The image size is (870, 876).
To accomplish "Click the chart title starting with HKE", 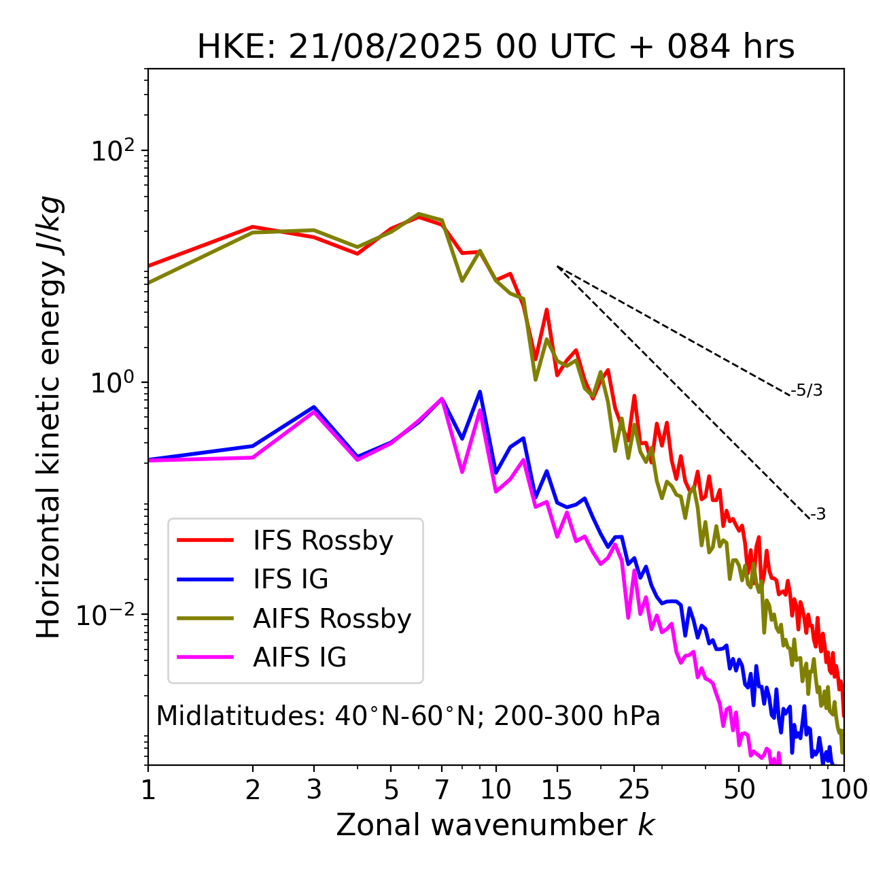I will [495, 48].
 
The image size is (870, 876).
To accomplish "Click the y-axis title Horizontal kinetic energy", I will [49, 417].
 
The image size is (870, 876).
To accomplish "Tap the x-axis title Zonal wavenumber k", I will [495, 825].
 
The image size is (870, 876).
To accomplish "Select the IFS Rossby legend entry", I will [323, 541].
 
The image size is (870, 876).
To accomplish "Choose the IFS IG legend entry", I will [290, 579].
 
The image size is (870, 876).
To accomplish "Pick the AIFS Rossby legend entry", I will [332, 618].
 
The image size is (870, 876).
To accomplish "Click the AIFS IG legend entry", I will [299, 657].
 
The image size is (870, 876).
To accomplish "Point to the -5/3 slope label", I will [807, 390].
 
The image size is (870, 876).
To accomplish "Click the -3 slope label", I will [817, 515].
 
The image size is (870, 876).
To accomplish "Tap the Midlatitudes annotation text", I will [408, 716].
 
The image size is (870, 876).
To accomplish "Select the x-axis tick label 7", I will [442, 790].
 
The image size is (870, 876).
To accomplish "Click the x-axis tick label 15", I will [557, 790].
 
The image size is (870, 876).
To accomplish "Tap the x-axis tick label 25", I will [634, 790].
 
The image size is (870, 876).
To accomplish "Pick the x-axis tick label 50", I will [739, 790].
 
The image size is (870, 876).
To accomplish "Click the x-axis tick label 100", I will [843, 790].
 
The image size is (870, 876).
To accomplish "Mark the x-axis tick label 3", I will [314, 790].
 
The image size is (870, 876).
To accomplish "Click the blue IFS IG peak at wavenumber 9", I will [480, 392].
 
